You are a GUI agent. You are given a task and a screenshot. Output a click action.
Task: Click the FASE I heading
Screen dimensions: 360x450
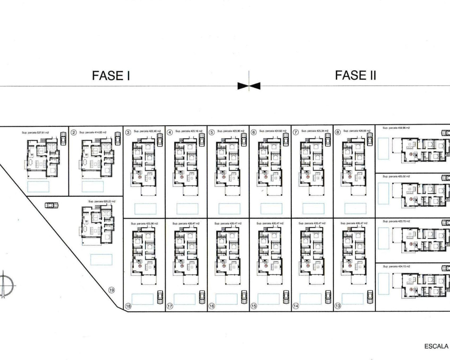[111, 76]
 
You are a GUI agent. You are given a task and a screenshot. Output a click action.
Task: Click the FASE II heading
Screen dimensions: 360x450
[355, 75]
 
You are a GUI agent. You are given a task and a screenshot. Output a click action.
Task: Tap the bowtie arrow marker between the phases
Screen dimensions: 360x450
[249, 86]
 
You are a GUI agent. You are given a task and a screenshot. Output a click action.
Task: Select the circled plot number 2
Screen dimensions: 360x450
[73, 133]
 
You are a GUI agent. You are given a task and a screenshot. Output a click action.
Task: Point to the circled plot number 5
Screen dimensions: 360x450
[212, 133]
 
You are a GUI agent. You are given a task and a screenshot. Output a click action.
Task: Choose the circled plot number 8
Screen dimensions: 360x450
[338, 133]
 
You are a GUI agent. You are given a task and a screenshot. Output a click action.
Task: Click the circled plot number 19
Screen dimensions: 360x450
[112, 290]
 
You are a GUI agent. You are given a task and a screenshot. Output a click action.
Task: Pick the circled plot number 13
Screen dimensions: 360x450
[337, 306]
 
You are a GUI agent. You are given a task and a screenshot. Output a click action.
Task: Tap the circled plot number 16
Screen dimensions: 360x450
[212, 306]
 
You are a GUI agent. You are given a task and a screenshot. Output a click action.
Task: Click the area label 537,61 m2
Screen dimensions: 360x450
[35, 133]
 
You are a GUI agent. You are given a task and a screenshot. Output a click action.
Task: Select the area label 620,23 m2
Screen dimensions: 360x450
[102, 201]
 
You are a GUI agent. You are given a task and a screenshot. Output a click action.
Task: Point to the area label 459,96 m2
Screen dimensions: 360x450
[396, 128]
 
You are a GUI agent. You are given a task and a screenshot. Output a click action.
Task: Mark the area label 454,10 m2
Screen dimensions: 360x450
[396, 266]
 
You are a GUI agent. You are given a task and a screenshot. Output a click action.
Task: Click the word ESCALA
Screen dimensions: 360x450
[436, 346]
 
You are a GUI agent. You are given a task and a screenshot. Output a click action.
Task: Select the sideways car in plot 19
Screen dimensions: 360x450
[52, 205]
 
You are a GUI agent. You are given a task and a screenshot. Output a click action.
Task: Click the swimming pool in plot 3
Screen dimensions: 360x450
[144, 209]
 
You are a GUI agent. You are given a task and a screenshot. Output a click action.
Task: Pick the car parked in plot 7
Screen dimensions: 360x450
[328, 140]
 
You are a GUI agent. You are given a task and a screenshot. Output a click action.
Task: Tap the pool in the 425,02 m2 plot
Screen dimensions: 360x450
[384, 194]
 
